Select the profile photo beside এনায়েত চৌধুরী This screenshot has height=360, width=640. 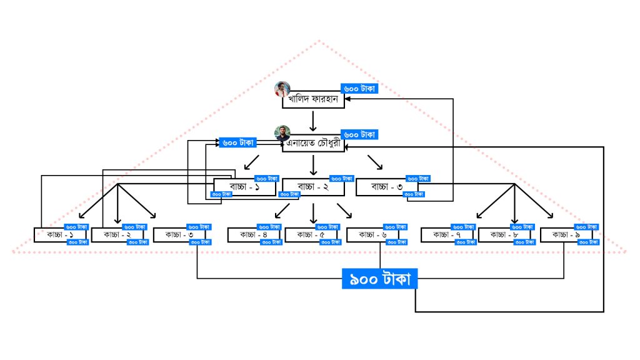tap(283, 133)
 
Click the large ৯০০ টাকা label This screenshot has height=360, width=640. tap(379, 279)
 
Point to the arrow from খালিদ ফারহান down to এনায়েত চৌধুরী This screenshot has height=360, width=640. tap(313, 121)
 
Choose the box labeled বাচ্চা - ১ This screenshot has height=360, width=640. tap(244, 188)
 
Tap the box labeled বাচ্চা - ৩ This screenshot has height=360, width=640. tap(387, 186)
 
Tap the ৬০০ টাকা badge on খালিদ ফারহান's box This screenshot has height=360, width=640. tap(359, 89)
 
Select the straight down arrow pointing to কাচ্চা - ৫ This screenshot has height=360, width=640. tap(313, 212)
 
